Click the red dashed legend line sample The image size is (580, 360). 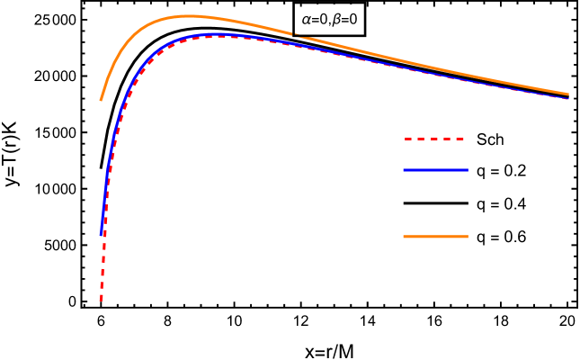point(435,139)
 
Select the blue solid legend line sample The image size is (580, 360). point(435,170)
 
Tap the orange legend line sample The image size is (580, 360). point(435,237)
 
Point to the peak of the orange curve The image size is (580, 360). point(189,16)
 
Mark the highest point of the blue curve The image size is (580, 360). point(216,34)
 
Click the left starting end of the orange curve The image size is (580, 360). point(101,100)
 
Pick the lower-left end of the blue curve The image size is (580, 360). point(101,234)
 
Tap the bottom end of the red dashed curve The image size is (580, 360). point(101,300)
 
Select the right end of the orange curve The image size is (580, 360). point(568,94)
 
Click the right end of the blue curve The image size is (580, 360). point(568,98)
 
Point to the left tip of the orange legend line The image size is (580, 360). point(404,237)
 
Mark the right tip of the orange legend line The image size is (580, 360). point(468,237)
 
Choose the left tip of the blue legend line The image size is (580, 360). point(404,170)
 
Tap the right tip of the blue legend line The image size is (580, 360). point(468,170)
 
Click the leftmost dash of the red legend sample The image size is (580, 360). point(407,139)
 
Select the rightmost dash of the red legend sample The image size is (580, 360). point(460,139)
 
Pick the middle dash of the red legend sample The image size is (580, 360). point(434,139)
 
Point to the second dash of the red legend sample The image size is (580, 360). point(421,139)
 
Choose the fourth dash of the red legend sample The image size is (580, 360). point(448,139)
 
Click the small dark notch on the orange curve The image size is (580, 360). point(295,35)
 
